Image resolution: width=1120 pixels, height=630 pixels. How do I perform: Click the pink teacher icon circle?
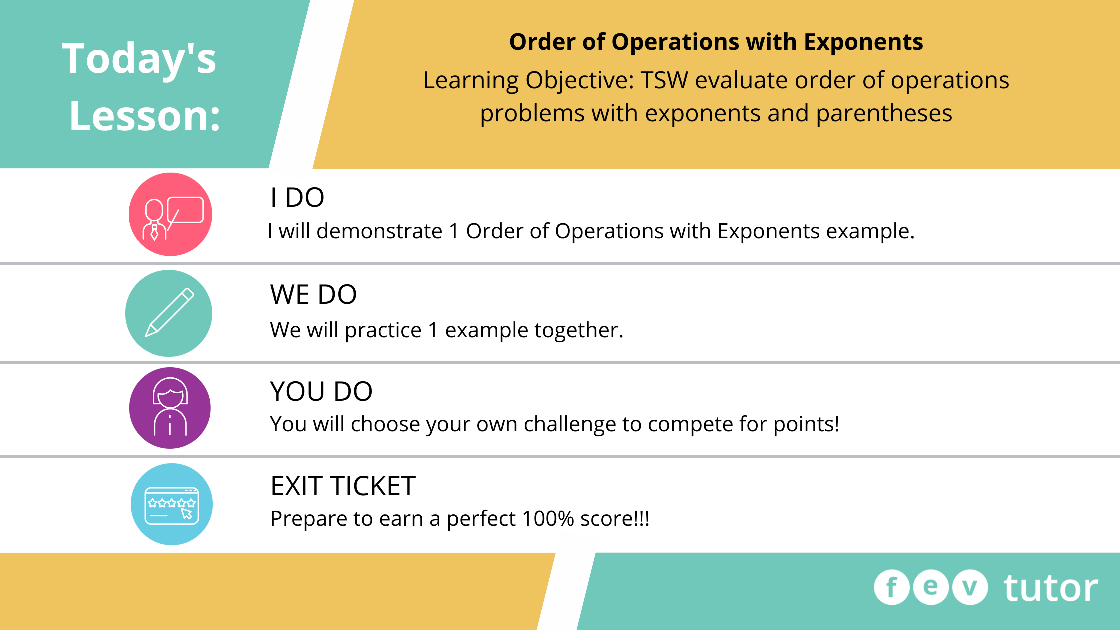coord(170,214)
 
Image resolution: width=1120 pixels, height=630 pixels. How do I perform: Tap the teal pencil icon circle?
coord(169,313)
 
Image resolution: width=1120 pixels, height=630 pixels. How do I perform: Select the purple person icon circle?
coord(170,408)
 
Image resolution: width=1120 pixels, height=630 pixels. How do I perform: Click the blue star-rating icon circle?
coord(172,504)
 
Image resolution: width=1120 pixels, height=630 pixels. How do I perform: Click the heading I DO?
coord(297,197)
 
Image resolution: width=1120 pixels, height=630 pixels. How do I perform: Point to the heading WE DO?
coord(313,294)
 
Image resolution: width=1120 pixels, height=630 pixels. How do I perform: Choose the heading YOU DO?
coord(321,391)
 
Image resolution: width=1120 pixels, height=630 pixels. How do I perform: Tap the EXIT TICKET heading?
coord(343,486)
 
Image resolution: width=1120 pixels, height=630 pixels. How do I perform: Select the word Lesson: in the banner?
coord(145,116)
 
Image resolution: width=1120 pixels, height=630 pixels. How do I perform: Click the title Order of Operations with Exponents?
coord(716,42)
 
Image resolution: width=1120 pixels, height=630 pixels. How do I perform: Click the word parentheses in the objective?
coord(884,114)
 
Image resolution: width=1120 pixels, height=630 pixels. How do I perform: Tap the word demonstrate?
coord(379,231)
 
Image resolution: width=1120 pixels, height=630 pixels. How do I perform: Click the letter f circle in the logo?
coord(892,587)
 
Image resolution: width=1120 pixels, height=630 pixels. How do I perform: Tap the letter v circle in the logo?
coord(970,587)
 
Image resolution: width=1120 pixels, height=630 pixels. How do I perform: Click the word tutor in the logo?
coord(1051,588)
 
